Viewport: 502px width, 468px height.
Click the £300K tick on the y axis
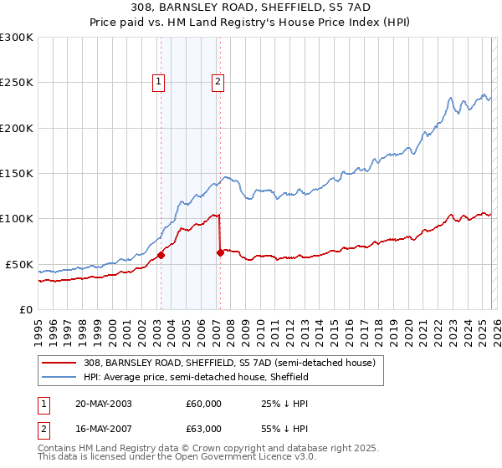coord(17,38)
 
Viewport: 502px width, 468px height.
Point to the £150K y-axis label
coord(17,174)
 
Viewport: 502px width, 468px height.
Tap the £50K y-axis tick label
coord(19,264)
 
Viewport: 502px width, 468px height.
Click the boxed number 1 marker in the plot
coord(159,82)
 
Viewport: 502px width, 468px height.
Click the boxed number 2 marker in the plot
coord(218,82)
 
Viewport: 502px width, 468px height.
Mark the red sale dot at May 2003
coord(161,256)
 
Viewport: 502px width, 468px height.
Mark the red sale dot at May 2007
coord(220,252)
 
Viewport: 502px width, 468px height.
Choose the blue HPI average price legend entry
coord(196,377)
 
